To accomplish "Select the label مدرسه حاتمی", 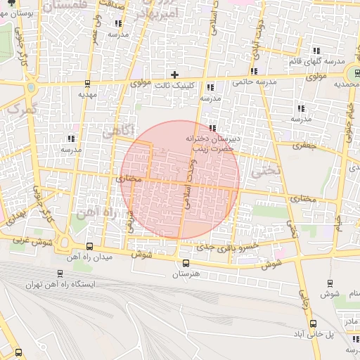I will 252,82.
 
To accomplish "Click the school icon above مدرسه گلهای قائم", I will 316,51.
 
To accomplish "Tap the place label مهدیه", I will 86,94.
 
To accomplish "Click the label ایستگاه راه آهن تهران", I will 59,285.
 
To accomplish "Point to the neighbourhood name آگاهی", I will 117,131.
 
